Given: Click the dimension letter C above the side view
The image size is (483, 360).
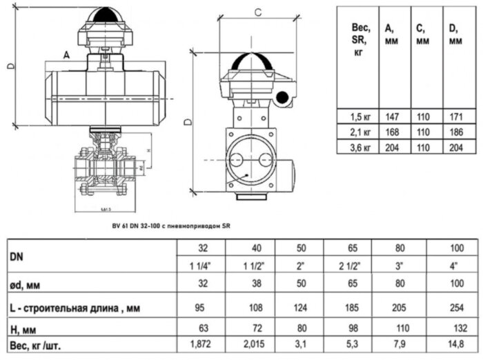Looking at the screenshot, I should (257, 12).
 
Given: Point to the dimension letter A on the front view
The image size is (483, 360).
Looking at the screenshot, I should (66, 53).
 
